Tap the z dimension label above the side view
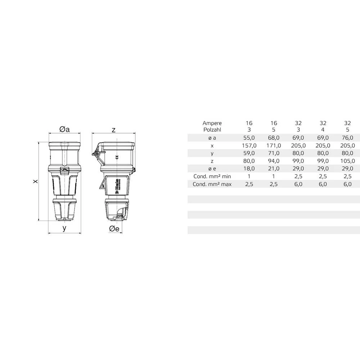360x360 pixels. coord(113,130)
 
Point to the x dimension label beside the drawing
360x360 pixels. coord(35,181)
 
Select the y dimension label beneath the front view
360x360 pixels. coord(64,228)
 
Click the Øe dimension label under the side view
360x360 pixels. coord(114,229)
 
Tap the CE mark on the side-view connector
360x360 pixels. coord(116,157)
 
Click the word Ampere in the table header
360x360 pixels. coord(212,123)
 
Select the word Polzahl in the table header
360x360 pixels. coord(212,129)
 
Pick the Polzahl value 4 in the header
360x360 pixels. coord(323,129)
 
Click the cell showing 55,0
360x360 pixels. coord(249,138)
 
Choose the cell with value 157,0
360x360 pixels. coord(249,145)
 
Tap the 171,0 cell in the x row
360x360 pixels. coord(274,145)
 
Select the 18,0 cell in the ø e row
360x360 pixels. coord(249,168)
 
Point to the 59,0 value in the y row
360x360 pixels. coord(249,153)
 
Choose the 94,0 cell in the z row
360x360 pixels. coord(274,161)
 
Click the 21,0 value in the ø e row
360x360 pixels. coord(274,168)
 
